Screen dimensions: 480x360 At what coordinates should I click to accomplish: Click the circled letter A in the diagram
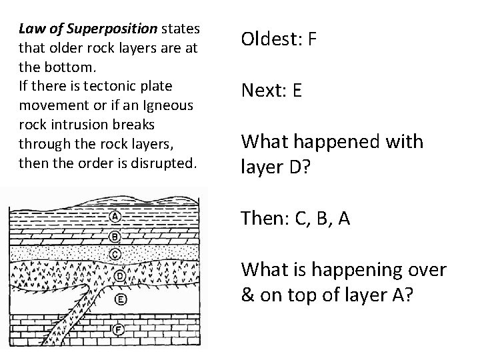click(114, 216)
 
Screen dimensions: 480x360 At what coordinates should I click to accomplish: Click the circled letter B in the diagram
click(114, 235)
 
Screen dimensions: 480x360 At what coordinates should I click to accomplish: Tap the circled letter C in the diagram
click(115, 253)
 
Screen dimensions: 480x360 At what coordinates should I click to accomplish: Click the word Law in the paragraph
click(29, 29)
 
